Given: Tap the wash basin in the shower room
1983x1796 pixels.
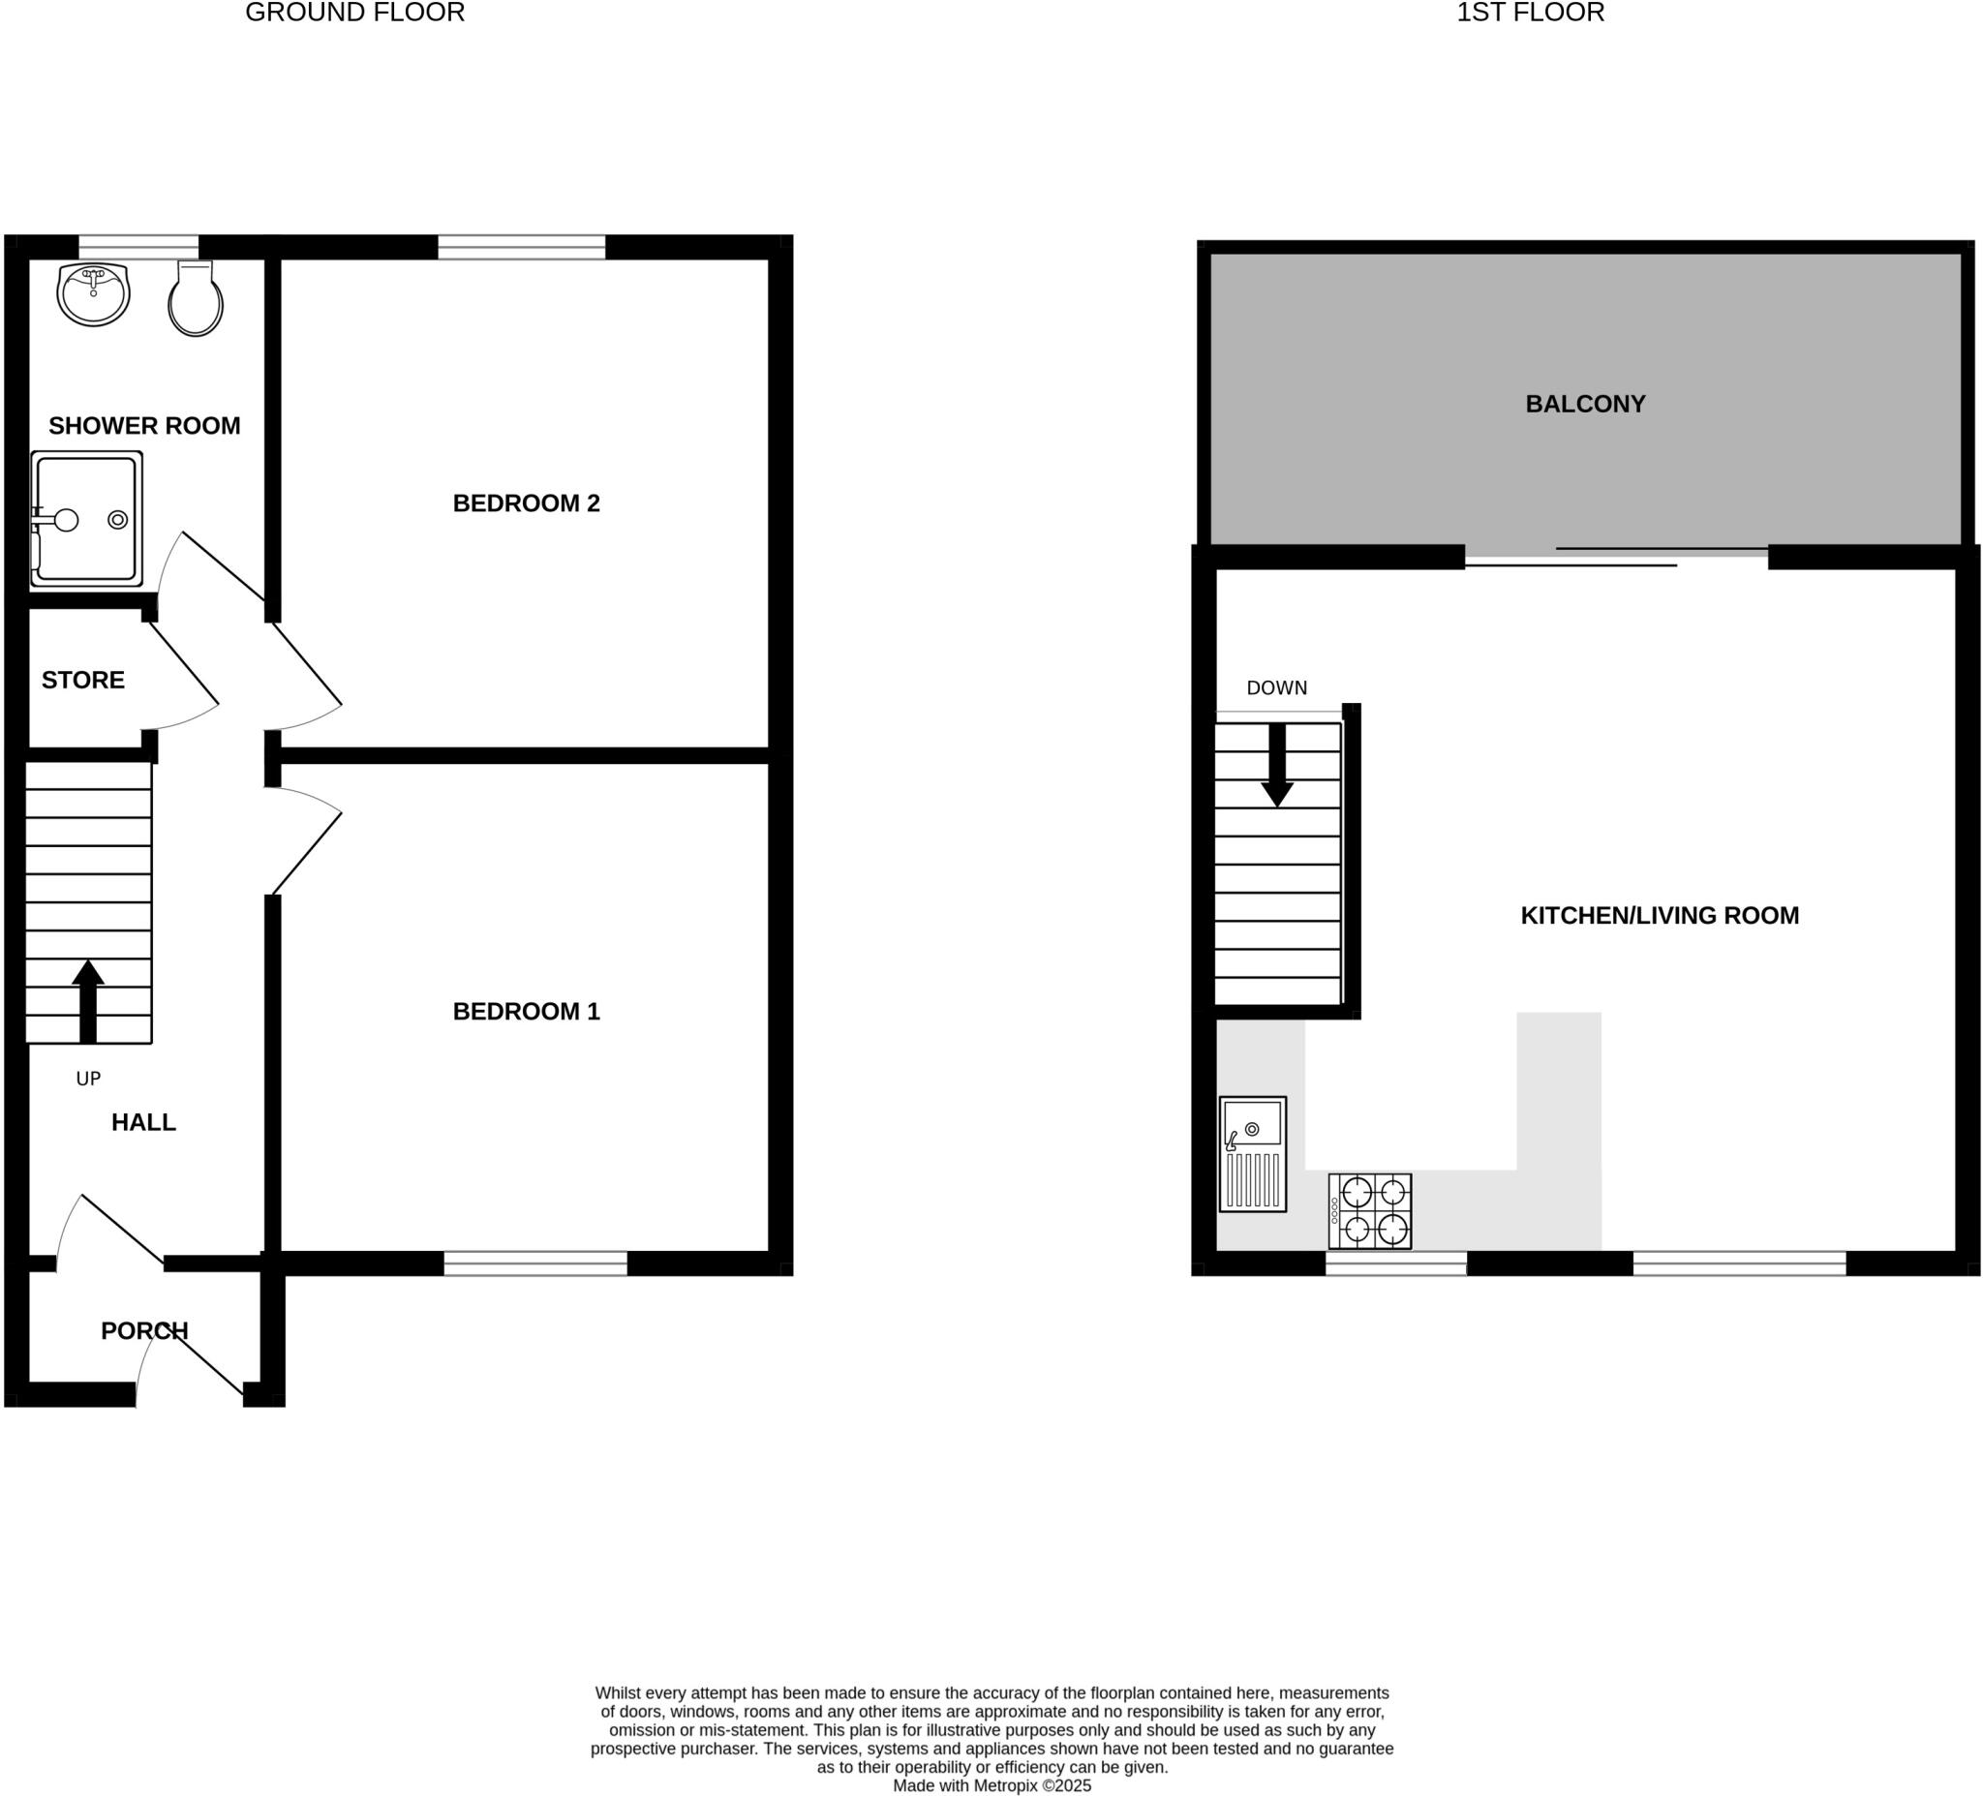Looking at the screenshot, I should (x=94, y=294).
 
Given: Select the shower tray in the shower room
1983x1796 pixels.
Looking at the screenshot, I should (x=86, y=519).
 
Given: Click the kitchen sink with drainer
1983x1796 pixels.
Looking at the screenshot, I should (x=1252, y=1154).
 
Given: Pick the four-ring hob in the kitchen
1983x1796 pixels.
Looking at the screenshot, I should (x=1369, y=1211).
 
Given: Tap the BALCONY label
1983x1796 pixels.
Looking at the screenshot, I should (x=1585, y=405).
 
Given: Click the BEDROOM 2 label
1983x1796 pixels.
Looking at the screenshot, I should (x=526, y=503).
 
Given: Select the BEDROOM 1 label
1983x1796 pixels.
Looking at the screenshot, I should (x=526, y=1011).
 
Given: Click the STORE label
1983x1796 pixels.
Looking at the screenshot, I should (x=82, y=681).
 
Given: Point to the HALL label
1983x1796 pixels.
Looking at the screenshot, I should (x=143, y=1122).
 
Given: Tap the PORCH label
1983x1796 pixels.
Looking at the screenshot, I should (x=144, y=1330).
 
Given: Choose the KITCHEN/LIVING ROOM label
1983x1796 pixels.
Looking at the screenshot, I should (x=1660, y=916).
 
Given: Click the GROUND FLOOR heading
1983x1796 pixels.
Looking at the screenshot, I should (x=355, y=13).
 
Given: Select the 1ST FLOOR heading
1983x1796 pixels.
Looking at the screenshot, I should (x=1531, y=13).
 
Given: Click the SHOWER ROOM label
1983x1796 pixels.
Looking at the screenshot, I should (x=144, y=426).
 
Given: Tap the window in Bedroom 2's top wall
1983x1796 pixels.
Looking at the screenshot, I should (x=521, y=246).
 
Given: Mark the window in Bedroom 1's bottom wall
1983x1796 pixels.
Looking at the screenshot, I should (x=535, y=1263).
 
